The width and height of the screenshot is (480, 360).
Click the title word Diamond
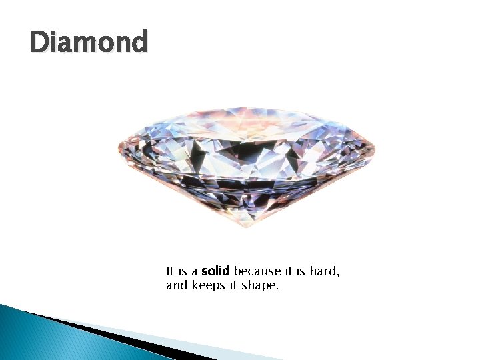(x=88, y=43)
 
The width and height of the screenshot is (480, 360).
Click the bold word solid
(x=215, y=271)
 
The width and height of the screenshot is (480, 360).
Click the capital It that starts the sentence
(x=170, y=271)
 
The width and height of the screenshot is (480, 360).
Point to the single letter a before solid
(x=194, y=272)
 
